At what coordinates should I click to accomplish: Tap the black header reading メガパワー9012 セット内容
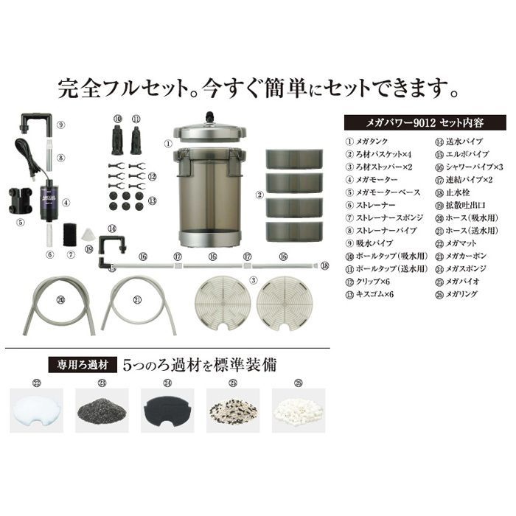coord(424,121)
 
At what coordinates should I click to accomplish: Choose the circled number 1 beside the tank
coord(168,144)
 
